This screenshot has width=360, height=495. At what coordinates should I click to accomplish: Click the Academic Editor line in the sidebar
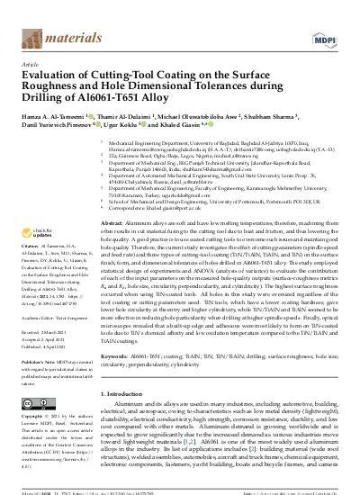(49, 317)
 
